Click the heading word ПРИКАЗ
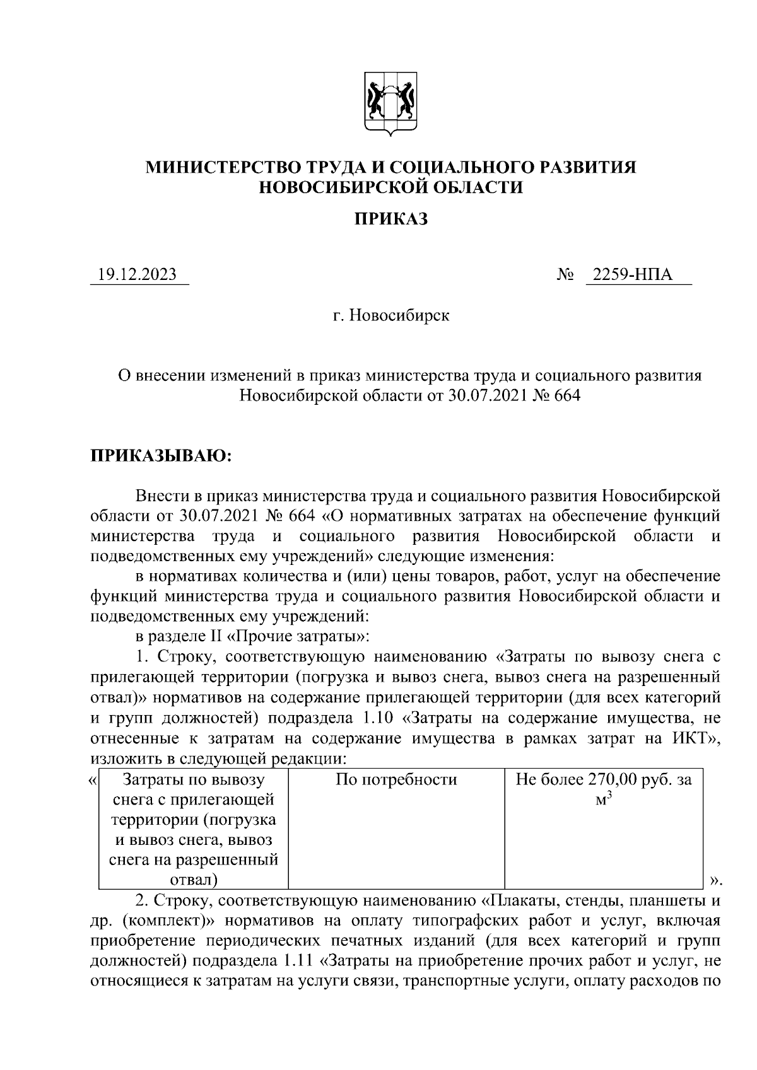(390, 219)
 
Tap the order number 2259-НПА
(638, 275)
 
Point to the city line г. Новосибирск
(391, 315)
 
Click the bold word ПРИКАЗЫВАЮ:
(162, 455)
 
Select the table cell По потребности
(396, 780)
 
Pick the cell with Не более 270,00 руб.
(604, 781)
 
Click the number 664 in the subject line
(565, 396)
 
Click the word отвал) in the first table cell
(194, 880)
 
